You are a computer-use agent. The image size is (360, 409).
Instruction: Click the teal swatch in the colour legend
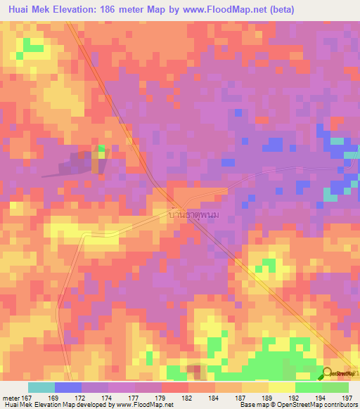(41, 387)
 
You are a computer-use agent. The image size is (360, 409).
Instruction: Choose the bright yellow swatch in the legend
(282, 387)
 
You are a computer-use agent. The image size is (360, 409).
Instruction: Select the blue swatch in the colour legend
(68, 387)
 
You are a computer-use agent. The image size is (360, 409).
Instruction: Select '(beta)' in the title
(279, 10)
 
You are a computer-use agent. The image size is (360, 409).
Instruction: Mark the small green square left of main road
(101, 149)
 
